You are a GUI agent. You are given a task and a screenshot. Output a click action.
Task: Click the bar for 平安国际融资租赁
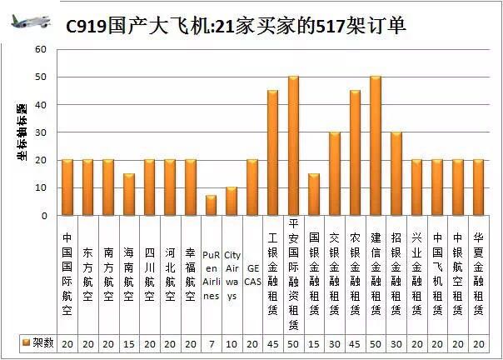(x=293, y=146)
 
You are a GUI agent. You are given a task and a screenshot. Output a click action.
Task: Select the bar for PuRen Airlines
(x=212, y=206)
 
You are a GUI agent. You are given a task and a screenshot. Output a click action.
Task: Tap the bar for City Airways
(x=232, y=202)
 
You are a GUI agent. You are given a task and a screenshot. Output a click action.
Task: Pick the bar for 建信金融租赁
(x=375, y=146)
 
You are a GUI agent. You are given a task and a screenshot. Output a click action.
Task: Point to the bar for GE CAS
(x=252, y=187)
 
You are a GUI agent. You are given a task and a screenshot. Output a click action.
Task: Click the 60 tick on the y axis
(x=41, y=49)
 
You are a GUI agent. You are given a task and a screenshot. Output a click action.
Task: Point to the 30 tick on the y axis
(x=41, y=132)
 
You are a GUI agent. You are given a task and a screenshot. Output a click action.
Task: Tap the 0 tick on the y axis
(x=43, y=216)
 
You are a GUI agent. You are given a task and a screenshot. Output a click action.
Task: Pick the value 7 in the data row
(x=212, y=343)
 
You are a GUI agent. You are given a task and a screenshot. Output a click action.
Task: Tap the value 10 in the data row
(x=232, y=343)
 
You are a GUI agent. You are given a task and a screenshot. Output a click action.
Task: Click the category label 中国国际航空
(x=67, y=271)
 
